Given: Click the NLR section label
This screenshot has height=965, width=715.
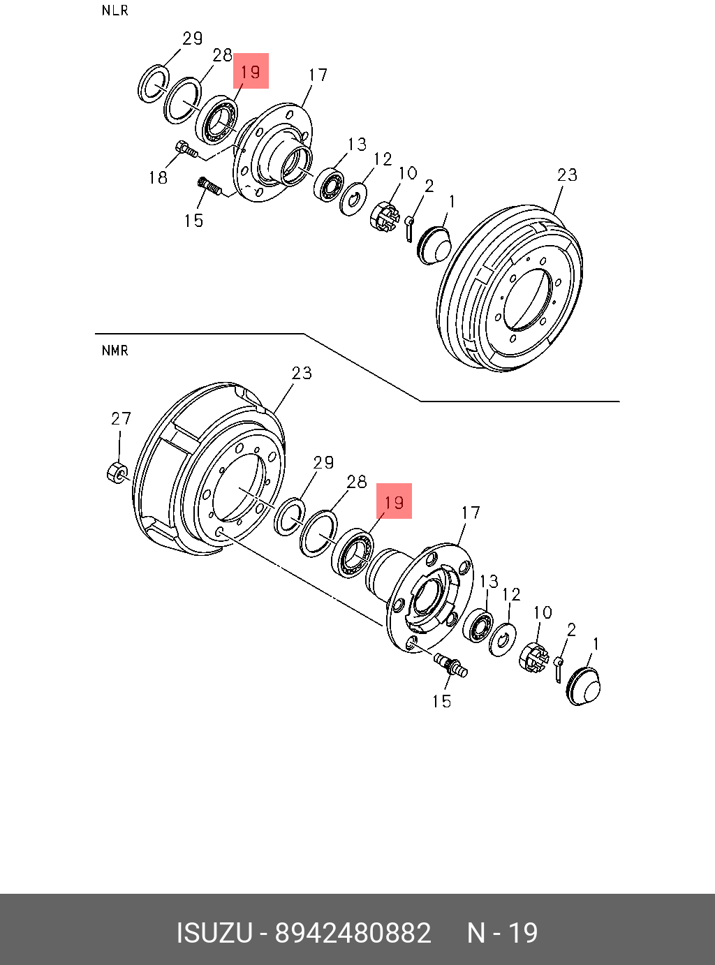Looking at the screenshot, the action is coord(115,10).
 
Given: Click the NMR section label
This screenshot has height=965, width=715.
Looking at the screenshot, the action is coord(115,351).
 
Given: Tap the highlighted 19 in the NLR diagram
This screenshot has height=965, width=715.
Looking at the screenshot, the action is coord(251,71).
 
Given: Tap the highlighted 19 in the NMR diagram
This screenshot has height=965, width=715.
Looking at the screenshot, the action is coord(394,501).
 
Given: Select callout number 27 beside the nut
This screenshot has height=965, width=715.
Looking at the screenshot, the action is coord(121,418).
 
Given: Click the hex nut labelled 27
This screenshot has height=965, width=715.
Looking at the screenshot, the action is coord(117,472).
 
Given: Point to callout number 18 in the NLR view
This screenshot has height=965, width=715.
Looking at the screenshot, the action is coord(158,177).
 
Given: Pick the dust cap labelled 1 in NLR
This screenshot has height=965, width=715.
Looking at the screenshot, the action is coord(434,245).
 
